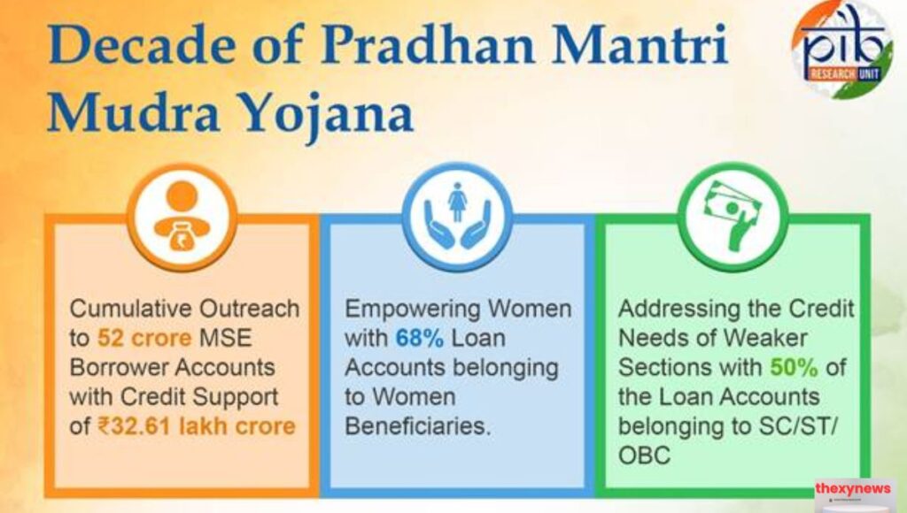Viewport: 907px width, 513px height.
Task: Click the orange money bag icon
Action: (x=182, y=216)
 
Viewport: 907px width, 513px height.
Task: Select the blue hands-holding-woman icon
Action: (x=457, y=216)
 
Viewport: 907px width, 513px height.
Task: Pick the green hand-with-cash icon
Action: (x=732, y=216)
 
